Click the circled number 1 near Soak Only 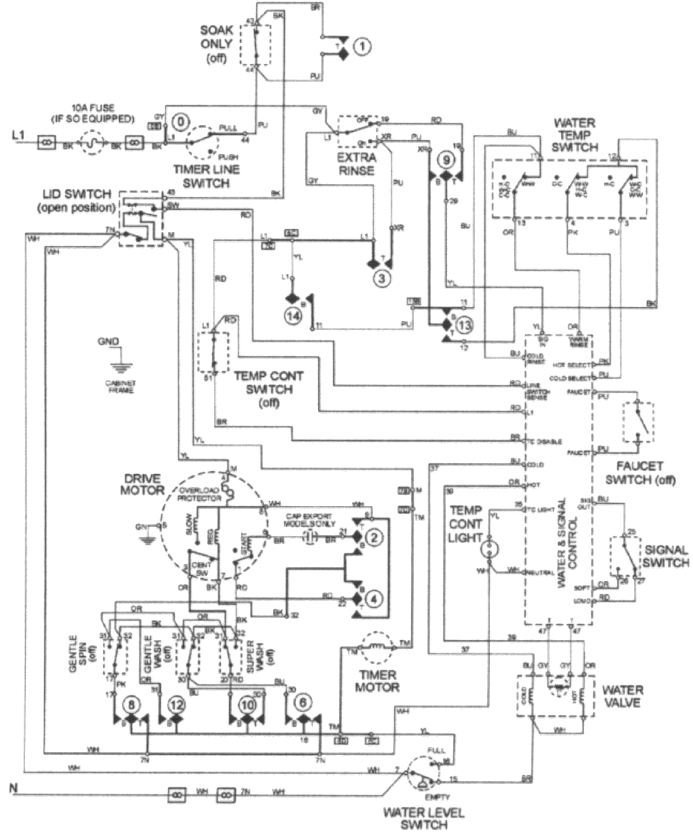[x=362, y=47]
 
